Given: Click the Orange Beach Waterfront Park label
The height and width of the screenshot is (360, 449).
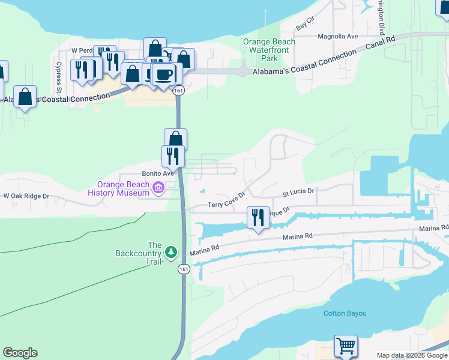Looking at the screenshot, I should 269,50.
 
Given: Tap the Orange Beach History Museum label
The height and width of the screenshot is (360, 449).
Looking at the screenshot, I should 118,188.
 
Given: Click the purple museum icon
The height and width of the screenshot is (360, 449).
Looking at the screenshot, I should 158,188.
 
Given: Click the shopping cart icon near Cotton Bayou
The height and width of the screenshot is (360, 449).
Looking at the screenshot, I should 345,346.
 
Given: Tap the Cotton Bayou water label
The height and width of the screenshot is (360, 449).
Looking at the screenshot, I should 345,313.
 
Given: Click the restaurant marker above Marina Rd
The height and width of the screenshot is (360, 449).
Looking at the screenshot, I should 258,217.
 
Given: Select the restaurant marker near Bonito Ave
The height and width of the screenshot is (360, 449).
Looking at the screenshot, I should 172,156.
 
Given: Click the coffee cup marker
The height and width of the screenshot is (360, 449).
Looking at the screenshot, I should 164,74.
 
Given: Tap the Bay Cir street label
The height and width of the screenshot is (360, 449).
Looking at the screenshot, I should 305,26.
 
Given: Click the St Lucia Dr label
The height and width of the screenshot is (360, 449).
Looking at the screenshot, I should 298,193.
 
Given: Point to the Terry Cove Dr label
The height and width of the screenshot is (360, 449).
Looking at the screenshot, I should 227,200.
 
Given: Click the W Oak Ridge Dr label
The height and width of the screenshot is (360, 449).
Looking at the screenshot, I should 26,196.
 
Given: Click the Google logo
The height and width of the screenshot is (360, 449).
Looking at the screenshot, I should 20,353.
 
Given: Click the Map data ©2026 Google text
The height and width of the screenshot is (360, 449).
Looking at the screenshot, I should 411,355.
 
